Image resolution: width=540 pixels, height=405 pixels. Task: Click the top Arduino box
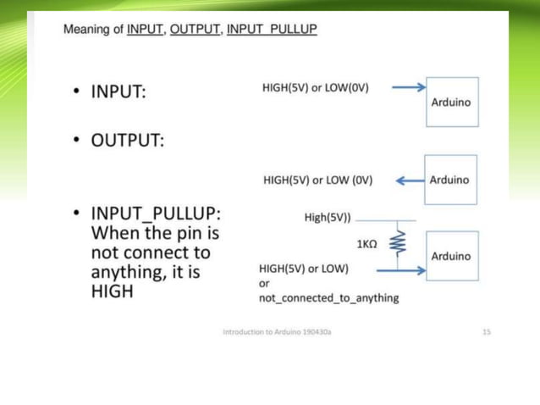[x=452, y=102]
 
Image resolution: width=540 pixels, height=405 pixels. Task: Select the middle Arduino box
[x=452, y=180]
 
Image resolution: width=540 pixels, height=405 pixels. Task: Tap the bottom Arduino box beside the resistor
[x=452, y=255]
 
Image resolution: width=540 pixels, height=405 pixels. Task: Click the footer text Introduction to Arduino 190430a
[x=277, y=332]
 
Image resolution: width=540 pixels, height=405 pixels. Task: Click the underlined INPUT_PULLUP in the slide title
[x=272, y=30]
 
